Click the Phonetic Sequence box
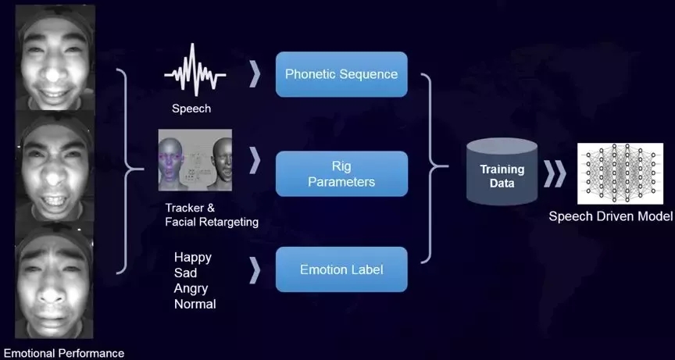[341, 74]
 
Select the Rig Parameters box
[341, 174]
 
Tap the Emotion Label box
[341, 269]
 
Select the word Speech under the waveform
[191, 109]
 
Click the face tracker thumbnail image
[196, 159]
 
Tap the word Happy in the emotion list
[193, 257]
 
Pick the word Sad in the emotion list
[186, 273]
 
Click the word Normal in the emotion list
[195, 304]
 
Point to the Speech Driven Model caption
[609, 216]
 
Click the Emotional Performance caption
[64, 353]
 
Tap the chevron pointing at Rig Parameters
[255, 161]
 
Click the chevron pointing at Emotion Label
[255, 270]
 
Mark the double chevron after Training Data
[555, 174]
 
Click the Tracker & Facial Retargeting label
[211, 216]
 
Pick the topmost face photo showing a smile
[55, 59]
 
